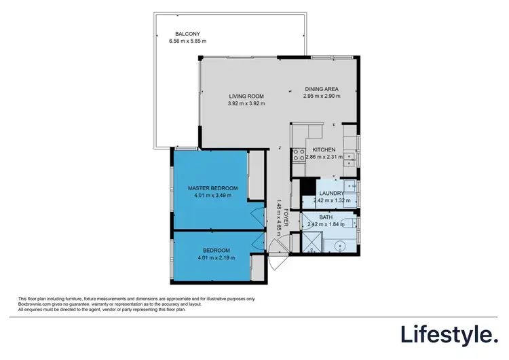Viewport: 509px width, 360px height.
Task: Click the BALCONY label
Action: (x=187, y=34)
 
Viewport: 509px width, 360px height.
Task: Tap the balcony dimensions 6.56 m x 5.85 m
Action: (x=187, y=41)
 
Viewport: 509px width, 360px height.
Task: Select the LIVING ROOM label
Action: (x=246, y=96)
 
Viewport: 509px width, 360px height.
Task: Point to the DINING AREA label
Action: (x=321, y=89)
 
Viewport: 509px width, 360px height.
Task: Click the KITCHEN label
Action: (x=324, y=149)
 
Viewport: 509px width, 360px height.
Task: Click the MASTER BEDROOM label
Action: (x=212, y=187)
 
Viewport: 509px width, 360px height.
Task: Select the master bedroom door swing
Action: (x=256, y=217)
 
